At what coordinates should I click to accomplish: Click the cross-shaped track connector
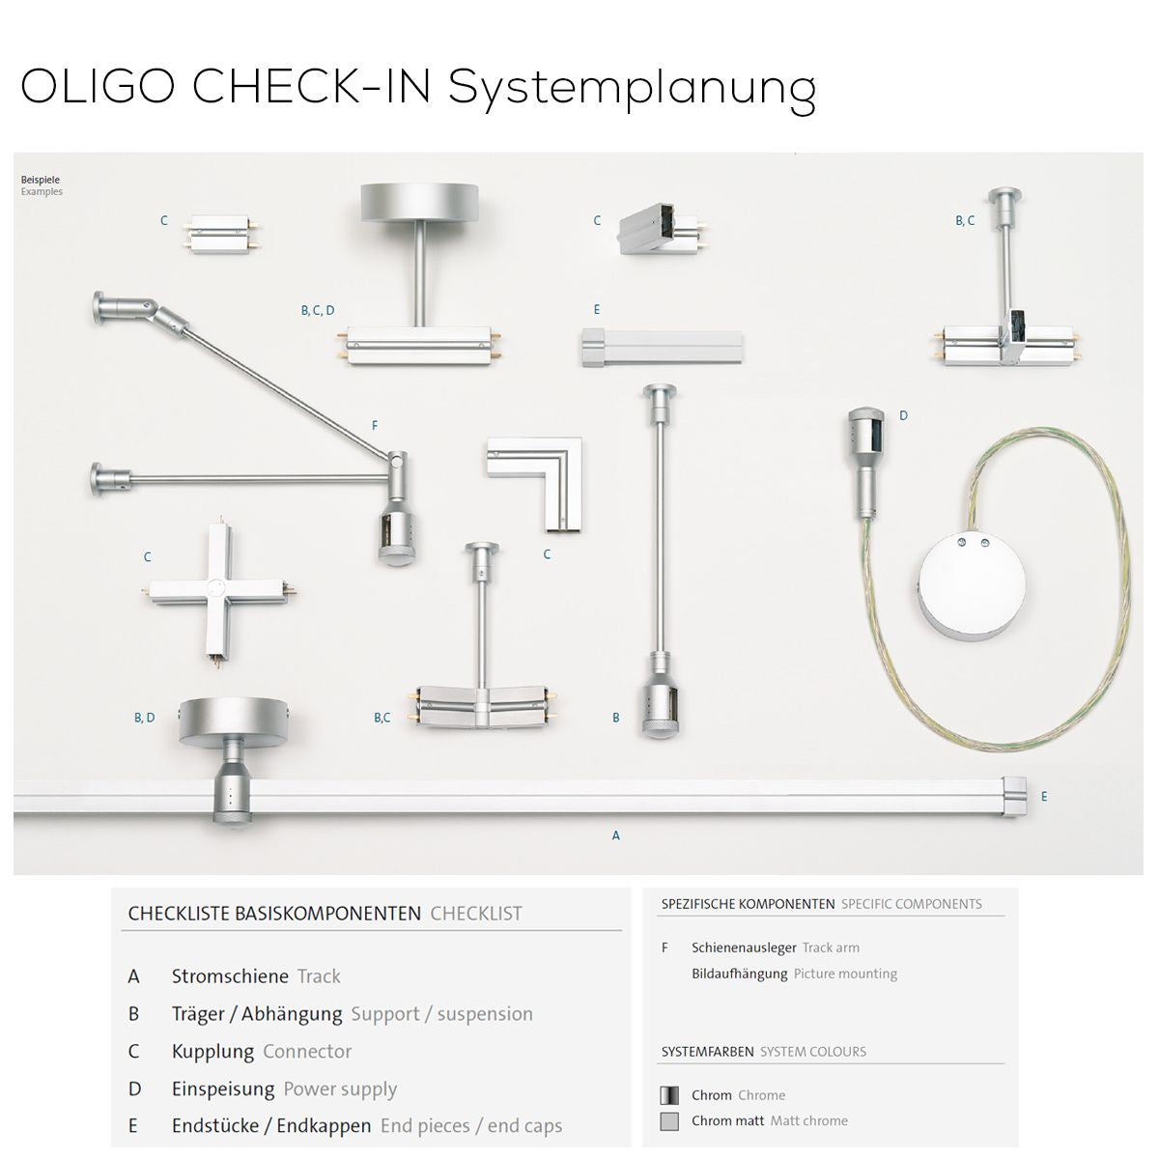pyautogui.click(x=217, y=590)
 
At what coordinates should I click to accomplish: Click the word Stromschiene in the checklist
pyautogui.click(x=230, y=976)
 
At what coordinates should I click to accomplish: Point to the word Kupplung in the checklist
pyautogui.click(x=212, y=1052)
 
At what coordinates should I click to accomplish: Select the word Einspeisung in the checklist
pyautogui.click(x=223, y=1089)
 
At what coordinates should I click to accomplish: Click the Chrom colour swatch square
pyautogui.click(x=668, y=1095)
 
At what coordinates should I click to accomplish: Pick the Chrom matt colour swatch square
pyautogui.click(x=668, y=1121)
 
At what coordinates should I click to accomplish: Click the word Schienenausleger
pyautogui.click(x=744, y=947)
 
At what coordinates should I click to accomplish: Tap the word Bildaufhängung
pyautogui.click(x=739, y=974)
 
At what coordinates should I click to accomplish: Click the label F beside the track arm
pyautogui.click(x=375, y=426)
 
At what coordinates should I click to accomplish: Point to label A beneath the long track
pyautogui.click(x=615, y=836)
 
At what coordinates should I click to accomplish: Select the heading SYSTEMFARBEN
pyautogui.click(x=707, y=1052)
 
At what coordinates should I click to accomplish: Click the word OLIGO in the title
pyautogui.click(x=98, y=87)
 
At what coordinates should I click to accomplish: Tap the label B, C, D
pyautogui.click(x=317, y=311)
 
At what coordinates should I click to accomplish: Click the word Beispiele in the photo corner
pyautogui.click(x=41, y=180)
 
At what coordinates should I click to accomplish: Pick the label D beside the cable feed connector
pyautogui.click(x=903, y=416)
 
